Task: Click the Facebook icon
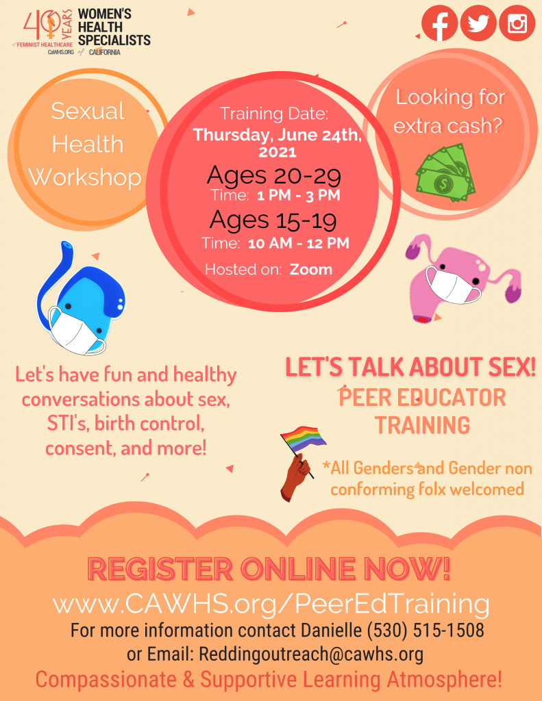coord(439,23)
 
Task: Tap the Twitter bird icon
coord(478,23)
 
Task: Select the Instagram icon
coord(517,23)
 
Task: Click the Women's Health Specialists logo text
coord(114,27)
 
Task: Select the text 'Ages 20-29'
coord(274,175)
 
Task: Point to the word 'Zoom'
coord(310,269)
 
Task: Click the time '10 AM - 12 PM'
coord(298,243)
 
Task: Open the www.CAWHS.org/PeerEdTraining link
coord(271,604)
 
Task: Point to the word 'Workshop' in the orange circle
coord(85,177)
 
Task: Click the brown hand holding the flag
coord(295,476)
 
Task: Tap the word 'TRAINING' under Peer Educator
coord(422,425)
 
